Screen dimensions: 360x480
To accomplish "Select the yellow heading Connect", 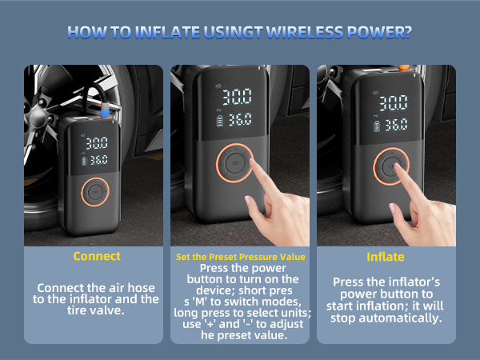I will click(x=97, y=257).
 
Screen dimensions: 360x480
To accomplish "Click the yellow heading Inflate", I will click(x=386, y=257).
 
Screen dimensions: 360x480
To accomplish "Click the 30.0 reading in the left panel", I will click(x=97, y=143).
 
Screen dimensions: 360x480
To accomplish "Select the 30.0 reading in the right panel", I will click(x=394, y=103).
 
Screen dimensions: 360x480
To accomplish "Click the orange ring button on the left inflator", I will click(x=94, y=192).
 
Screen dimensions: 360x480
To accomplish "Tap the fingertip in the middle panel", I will click(x=253, y=163).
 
